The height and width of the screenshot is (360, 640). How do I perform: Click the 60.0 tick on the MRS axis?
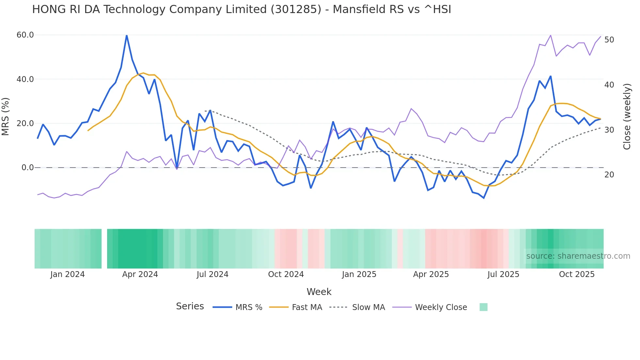click(x=25, y=35)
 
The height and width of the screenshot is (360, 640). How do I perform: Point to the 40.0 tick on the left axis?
click(x=25, y=79)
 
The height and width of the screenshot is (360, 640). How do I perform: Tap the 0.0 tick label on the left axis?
click(x=28, y=168)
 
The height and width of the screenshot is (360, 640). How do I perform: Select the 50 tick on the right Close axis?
click(x=609, y=40)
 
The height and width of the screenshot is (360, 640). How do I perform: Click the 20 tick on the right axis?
click(x=609, y=175)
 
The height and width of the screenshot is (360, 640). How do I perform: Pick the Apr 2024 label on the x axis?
click(x=140, y=274)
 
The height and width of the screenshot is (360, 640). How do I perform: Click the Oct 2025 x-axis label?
click(x=577, y=274)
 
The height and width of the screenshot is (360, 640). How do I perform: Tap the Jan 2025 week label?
click(x=359, y=274)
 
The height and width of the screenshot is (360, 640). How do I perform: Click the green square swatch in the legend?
click(x=483, y=307)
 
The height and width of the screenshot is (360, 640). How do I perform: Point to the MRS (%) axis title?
click(x=6, y=116)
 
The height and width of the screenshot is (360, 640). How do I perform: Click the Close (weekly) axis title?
click(x=627, y=117)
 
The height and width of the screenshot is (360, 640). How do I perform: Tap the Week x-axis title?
click(x=319, y=292)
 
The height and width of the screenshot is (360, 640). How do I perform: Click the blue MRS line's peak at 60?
click(x=127, y=35)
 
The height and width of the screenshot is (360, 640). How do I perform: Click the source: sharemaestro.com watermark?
click(x=578, y=256)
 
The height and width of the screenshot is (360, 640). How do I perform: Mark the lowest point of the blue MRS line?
click(x=484, y=198)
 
